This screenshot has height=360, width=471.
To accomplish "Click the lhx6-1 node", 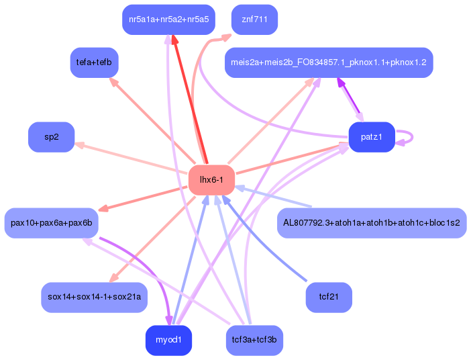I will click(211, 180).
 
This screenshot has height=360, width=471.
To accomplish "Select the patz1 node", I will click(371, 137).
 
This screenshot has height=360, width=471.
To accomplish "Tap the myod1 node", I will click(168, 341).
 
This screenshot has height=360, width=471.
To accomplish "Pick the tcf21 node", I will click(329, 297).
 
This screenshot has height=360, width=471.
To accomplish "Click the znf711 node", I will click(254, 19).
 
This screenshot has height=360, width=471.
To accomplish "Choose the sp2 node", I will click(51, 137).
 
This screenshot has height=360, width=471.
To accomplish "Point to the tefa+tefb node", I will click(94, 62).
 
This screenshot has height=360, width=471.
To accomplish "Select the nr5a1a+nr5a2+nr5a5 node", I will click(168, 19).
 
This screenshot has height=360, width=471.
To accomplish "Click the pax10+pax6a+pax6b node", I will click(51, 222).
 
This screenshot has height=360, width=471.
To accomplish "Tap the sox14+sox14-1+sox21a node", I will click(94, 297).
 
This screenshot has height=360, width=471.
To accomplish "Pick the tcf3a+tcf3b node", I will click(254, 341).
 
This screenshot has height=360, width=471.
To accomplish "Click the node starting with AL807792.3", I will click(371, 222).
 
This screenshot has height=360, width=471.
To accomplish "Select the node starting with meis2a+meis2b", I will click(328, 62).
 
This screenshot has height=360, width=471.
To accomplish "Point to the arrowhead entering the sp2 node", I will click(78, 144).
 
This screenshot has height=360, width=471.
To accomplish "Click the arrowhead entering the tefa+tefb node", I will click(113, 82).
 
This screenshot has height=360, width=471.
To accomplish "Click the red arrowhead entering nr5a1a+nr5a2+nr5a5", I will click(174, 40).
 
